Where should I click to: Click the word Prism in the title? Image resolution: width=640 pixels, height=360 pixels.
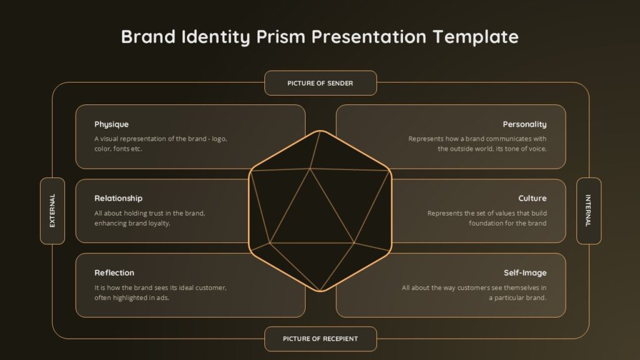click(281, 37)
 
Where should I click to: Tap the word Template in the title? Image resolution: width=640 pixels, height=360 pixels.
click(476, 37)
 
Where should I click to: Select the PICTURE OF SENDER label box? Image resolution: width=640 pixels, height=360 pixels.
click(321, 83)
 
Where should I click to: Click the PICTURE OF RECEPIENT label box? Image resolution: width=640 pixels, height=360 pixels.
click(321, 339)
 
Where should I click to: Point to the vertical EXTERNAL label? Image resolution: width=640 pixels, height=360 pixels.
click(52, 211)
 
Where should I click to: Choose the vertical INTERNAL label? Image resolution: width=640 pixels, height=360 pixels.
click(589, 211)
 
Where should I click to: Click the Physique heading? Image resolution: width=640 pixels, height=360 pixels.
click(111, 124)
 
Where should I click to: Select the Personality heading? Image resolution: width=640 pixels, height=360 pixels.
click(524, 124)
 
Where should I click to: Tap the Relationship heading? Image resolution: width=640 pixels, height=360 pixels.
click(118, 198)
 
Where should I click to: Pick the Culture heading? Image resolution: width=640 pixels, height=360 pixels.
click(532, 198)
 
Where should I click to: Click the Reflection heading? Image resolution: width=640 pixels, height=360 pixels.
click(114, 272)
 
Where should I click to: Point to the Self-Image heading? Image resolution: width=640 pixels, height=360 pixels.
click(525, 273)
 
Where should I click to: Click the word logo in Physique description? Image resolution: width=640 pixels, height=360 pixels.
click(219, 139)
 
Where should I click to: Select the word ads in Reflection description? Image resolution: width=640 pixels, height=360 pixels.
click(162, 297)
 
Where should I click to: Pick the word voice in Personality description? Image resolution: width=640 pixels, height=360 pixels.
click(537, 149)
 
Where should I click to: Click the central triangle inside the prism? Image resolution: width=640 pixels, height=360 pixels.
click(311, 216)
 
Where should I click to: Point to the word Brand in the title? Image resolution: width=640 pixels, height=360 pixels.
click(149, 37)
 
